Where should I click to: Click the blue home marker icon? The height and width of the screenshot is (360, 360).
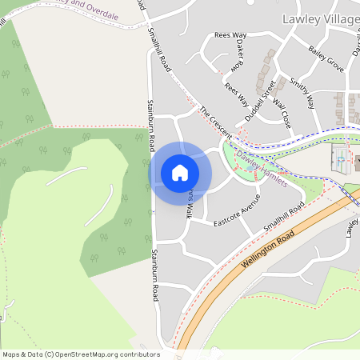(x=180, y=173)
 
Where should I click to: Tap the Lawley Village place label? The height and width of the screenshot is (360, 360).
(x=320, y=18)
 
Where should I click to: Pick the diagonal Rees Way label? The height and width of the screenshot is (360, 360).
(x=237, y=96)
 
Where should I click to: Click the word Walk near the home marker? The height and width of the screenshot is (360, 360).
(x=190, y=210)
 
